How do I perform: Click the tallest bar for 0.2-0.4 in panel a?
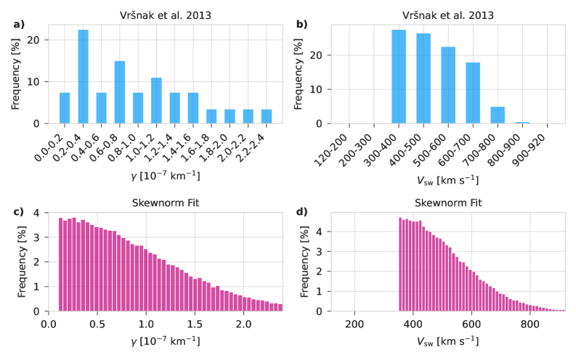point(84,77)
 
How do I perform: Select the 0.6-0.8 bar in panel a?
point(120,92)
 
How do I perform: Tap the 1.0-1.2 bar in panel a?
point(156,101)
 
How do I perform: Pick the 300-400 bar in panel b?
point(399,77)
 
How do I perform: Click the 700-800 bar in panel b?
point(497,115)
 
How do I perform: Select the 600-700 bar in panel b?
point(473,93)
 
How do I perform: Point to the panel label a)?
point(19,24)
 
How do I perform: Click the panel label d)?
point(301,212)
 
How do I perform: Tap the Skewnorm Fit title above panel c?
point(166,203)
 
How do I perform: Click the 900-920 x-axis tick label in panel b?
point(538,144)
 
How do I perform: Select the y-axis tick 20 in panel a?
point(38,40)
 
